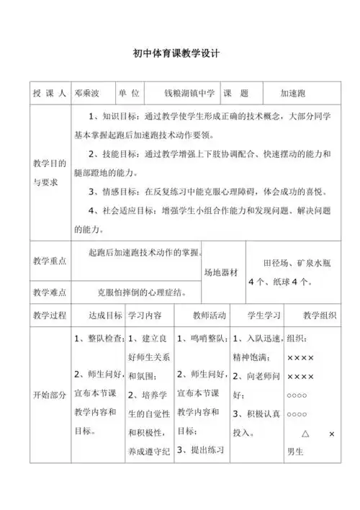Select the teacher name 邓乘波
click(91, 94)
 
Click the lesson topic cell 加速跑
click(294, 94)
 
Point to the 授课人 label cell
click(50, 94)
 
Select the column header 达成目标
click(105, 316)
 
